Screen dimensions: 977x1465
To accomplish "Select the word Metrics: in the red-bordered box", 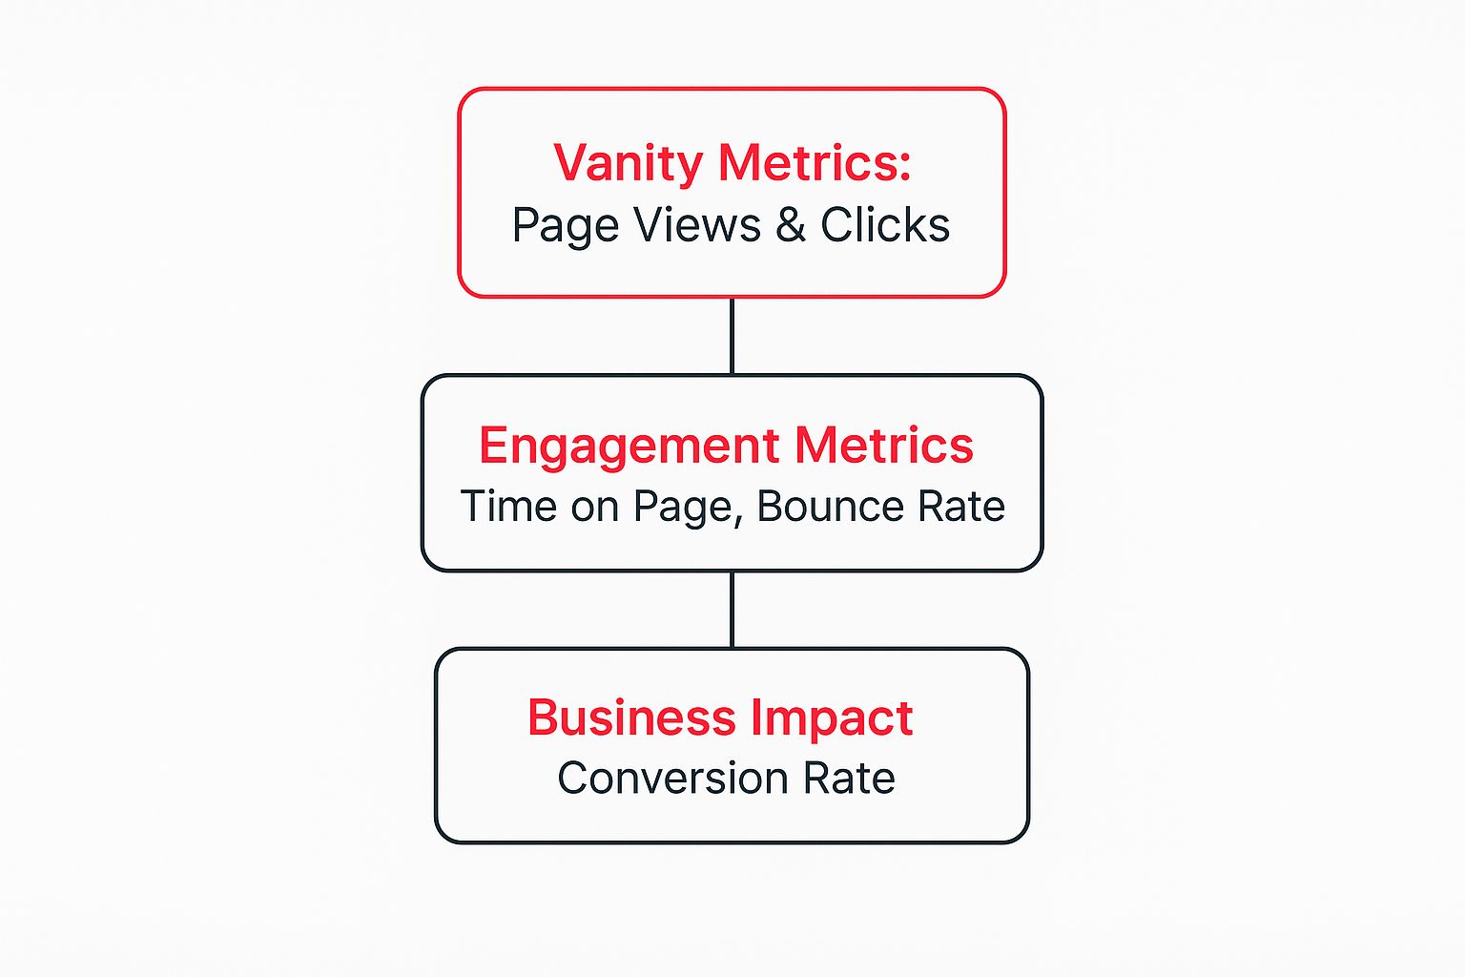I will click(x=813, y=163).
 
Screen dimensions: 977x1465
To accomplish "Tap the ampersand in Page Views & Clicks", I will click(x=790, y=226).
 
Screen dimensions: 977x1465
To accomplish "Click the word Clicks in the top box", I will click(x=885, y=226).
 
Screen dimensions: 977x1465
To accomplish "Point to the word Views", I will click(x=697, y=226).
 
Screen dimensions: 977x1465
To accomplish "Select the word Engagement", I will click(x=629, y=447).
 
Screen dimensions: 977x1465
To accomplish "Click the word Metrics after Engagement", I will click(x=884, y=446).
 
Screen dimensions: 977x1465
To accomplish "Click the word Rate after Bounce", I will click(x=961, y=507).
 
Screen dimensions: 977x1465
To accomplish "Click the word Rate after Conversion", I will click(x=849, y=779).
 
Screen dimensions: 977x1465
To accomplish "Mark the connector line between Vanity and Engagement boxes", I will click(x=732, y=336).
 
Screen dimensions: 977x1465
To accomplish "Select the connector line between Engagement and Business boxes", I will click(x=732, y=610).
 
